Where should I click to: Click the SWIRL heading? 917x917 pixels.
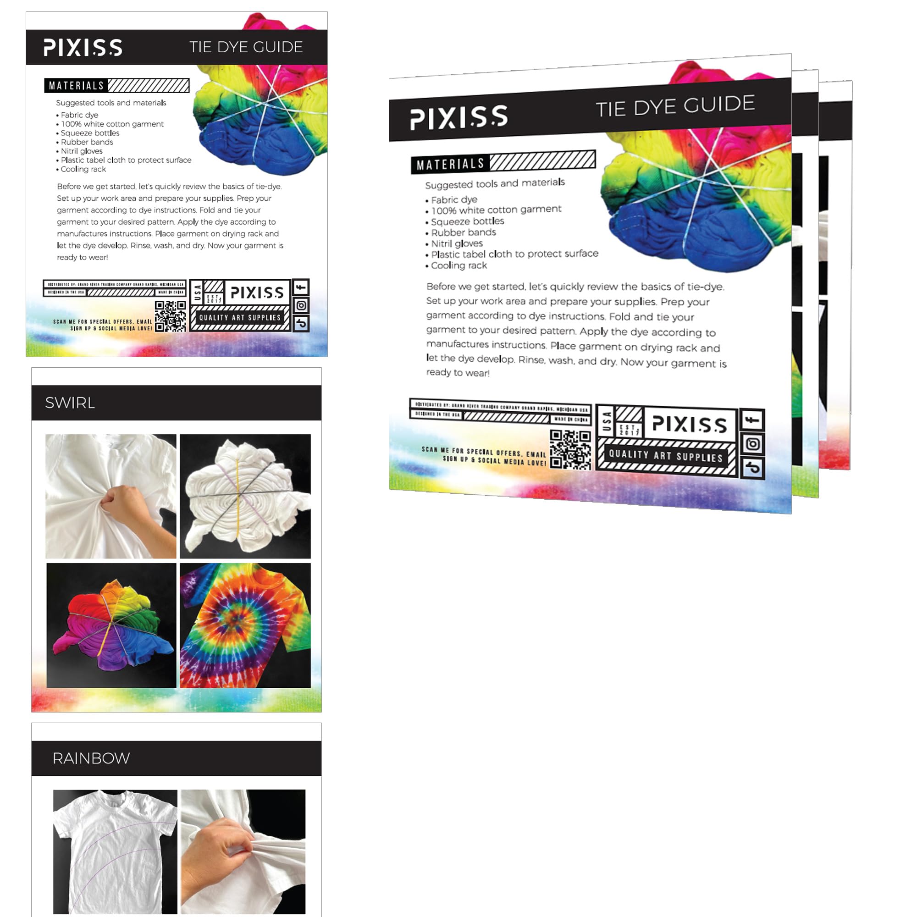pyautogui.click(x=70, y=403)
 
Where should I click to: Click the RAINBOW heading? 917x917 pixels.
pyautogui.click(x=91, y=758)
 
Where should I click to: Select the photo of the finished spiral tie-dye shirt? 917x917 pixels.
pyautogui.click(x=245, y=625)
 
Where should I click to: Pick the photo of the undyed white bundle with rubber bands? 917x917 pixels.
pyautogui.click(x=245, y=496)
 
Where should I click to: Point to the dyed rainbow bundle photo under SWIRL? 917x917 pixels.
pyautogui.click(x=111, y=625)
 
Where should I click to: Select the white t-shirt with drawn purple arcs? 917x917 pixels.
pyautogui.click(x=115, y=851)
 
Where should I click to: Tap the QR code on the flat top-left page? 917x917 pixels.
pyautogui.click(x=171, y=316)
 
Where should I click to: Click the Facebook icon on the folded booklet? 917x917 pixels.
pyautogui.click(x=752, y=420)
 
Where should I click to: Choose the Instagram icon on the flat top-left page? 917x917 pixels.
pyautogui.click(x=301, y=305)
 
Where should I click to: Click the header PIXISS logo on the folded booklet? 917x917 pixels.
pyautogui.click(x=459, y=117)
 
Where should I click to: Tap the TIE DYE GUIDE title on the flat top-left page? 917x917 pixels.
pyautogui.click(x=246, y=47)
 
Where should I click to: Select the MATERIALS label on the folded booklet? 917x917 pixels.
pyautogui.click(x=450, y=164)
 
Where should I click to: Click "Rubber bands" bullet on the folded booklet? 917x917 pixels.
pyautogui.click(x=463, y=232)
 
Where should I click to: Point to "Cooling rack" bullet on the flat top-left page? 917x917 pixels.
pyautogui.click(x=83, y=170)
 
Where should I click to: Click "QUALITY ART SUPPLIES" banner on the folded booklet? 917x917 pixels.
pyautogui.click(x=665, y=456)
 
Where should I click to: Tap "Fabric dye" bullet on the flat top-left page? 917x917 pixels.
pyautogui.click(x=79, y=115)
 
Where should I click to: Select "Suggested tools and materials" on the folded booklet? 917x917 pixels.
pyautogui.click(x=495, y=184)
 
